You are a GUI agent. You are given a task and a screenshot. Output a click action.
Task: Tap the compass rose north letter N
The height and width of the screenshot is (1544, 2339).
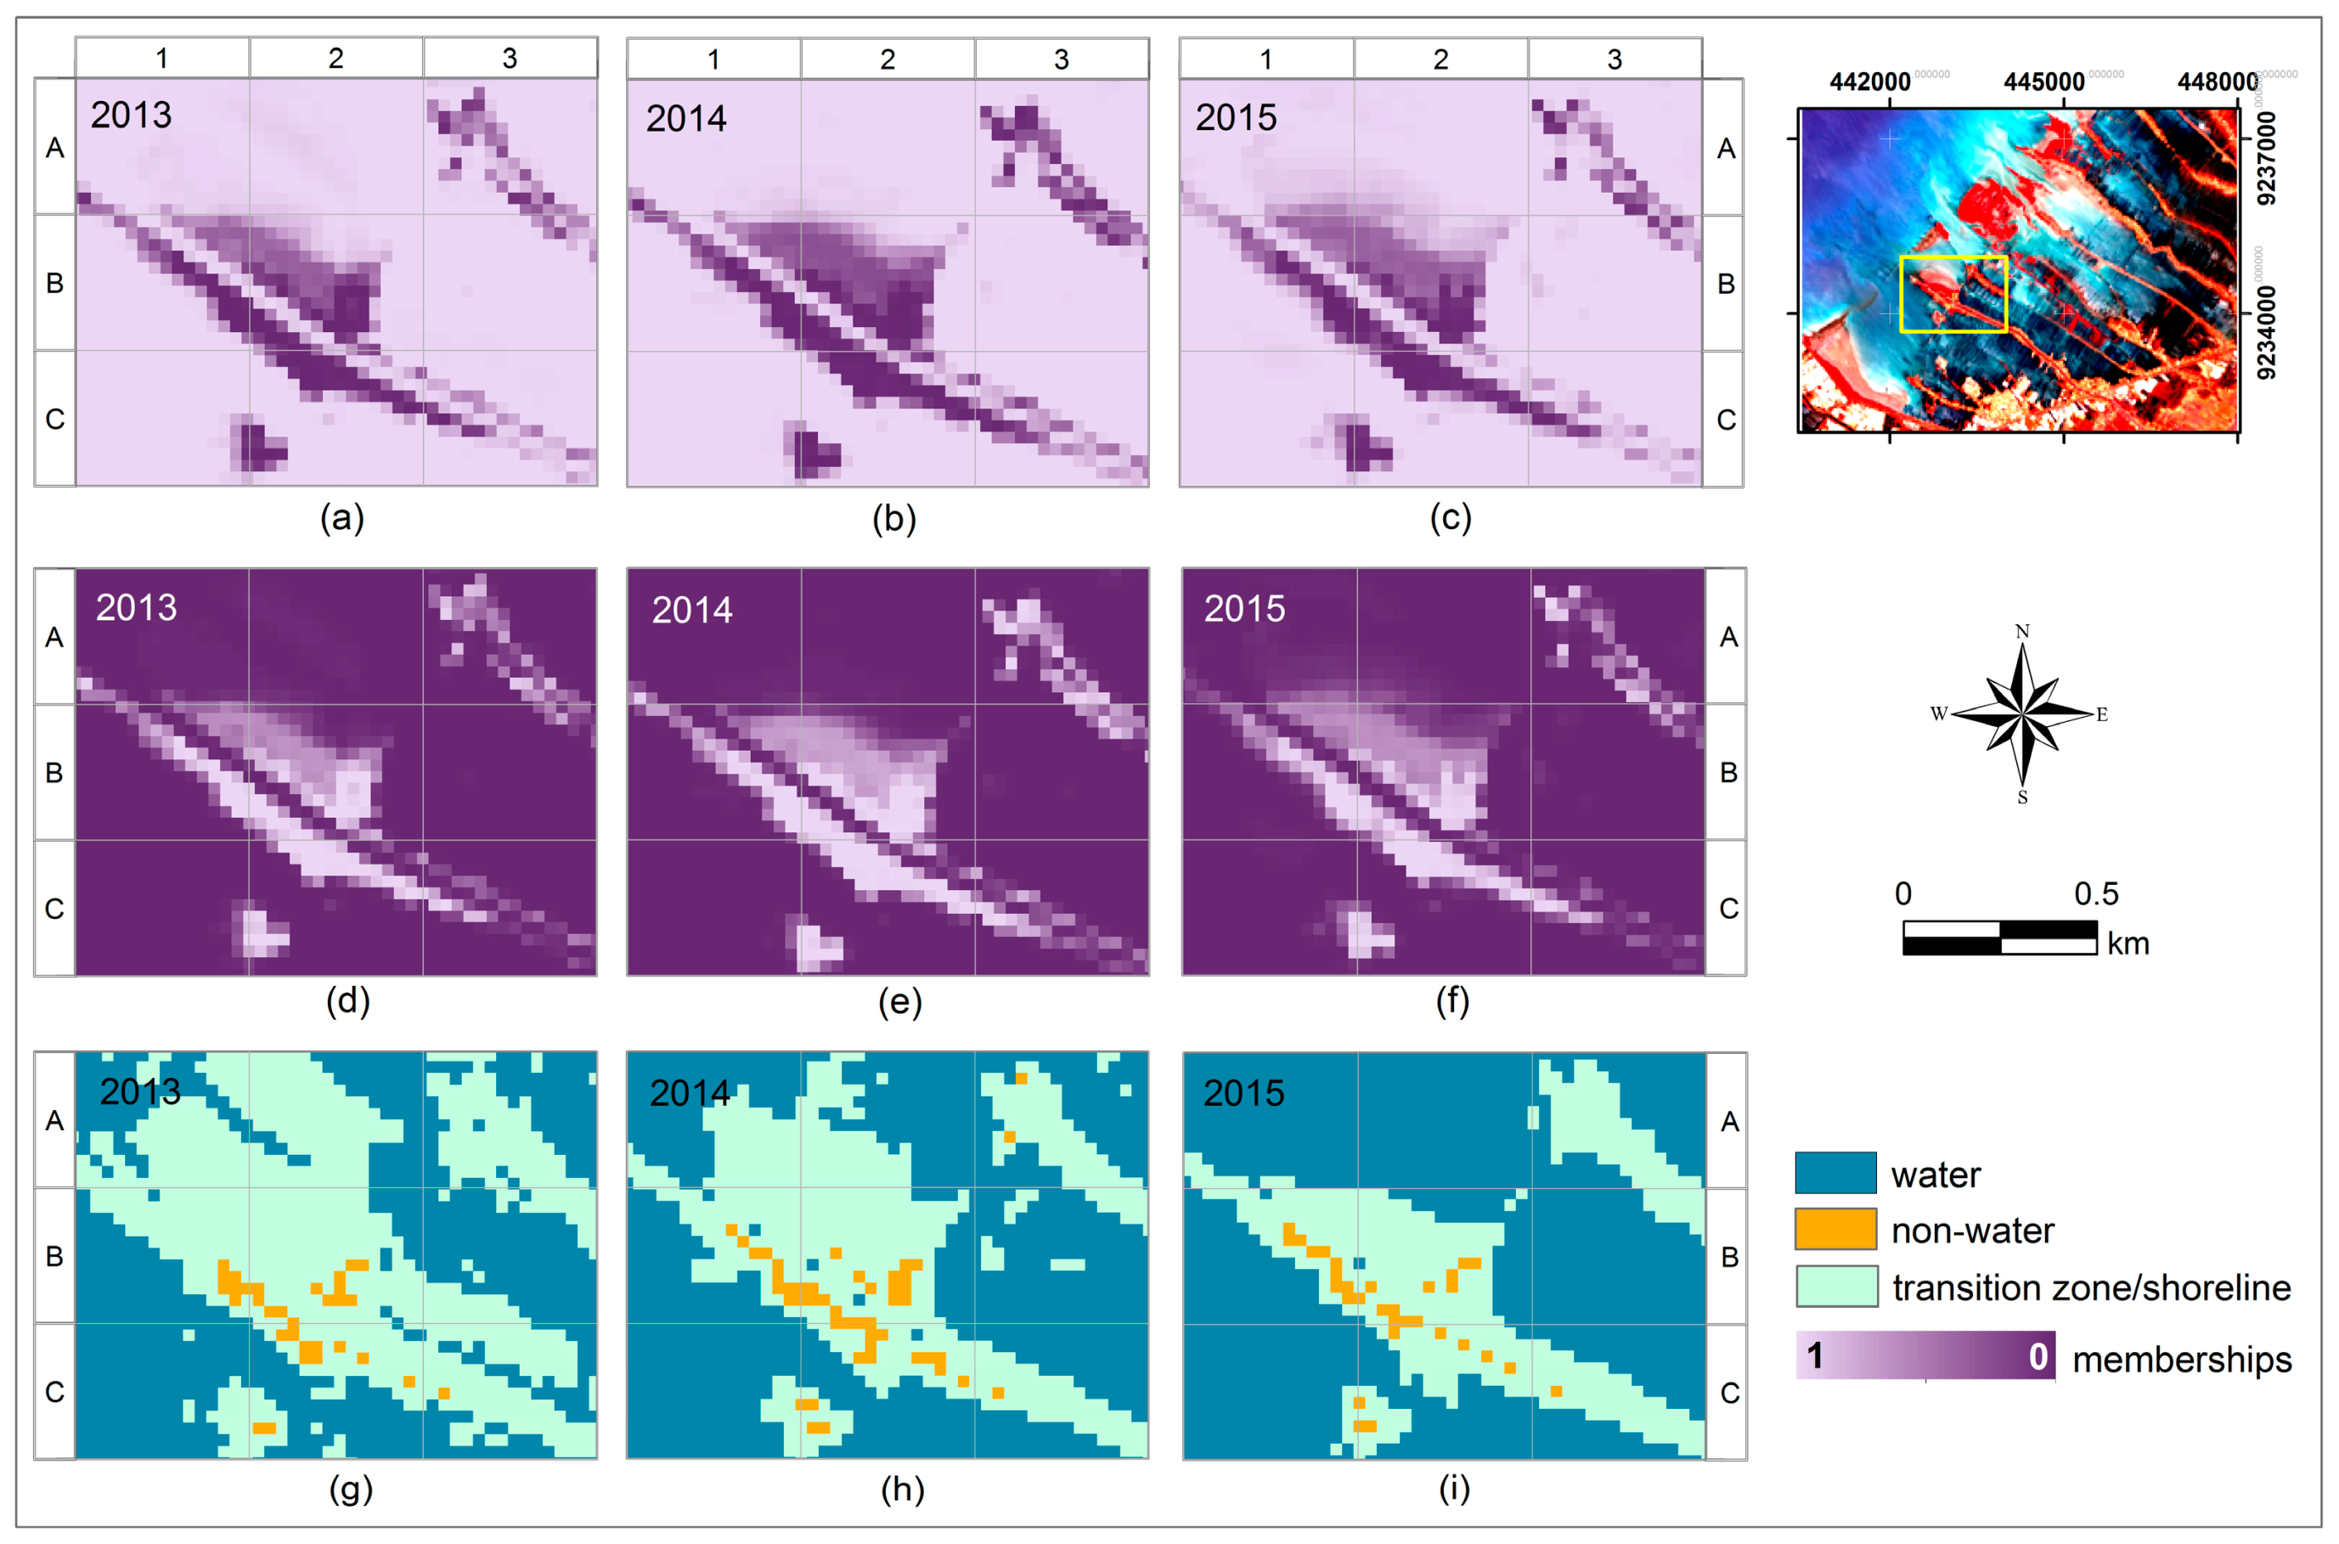(x=2022, y=631)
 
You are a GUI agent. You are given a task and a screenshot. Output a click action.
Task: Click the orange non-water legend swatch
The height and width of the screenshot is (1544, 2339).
(x=1836, y=1230)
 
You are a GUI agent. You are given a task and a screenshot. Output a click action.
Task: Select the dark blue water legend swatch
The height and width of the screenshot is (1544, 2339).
(x=1836, y=1173)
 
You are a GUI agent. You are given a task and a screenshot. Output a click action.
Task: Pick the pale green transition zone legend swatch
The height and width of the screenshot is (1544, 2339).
(x=1836, y=1287)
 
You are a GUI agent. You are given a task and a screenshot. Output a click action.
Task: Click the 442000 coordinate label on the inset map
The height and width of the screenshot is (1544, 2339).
(x=1869, y=82)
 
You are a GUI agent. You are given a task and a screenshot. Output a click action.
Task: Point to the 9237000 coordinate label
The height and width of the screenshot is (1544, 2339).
(x=2266, y=158)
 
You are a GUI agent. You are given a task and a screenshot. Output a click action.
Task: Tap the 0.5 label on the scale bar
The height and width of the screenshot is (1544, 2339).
(x=2096, y=894)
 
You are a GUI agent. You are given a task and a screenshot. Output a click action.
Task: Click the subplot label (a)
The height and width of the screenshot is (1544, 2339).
(x=341, y=518)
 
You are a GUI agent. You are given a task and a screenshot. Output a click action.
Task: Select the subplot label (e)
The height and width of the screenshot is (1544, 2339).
(x=899, y=1002)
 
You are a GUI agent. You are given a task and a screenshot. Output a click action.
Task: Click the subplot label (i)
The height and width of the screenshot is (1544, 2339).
(x=1453, y=1489)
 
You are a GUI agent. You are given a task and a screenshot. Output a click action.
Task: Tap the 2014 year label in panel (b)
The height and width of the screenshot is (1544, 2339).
(x=686, y=119)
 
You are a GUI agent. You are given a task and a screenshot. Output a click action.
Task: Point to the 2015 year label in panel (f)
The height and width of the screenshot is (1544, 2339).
(x=1244, y=609)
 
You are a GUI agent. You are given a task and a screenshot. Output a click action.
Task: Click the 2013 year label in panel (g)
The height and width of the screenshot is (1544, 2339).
(x=140, y=1091)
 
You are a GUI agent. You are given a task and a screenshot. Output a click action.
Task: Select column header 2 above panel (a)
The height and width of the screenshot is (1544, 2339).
(x=335, y=58)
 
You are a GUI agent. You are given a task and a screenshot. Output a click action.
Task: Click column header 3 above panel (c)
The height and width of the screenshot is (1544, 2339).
(x=1615, y=59)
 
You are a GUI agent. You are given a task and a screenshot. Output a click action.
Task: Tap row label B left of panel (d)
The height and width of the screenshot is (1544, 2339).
(x=54, y=772)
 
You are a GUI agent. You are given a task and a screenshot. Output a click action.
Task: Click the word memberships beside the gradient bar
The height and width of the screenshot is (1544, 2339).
(x=2182, y=1360)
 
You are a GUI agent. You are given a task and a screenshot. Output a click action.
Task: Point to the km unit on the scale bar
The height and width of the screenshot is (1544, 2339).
(x=2128, y=944)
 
